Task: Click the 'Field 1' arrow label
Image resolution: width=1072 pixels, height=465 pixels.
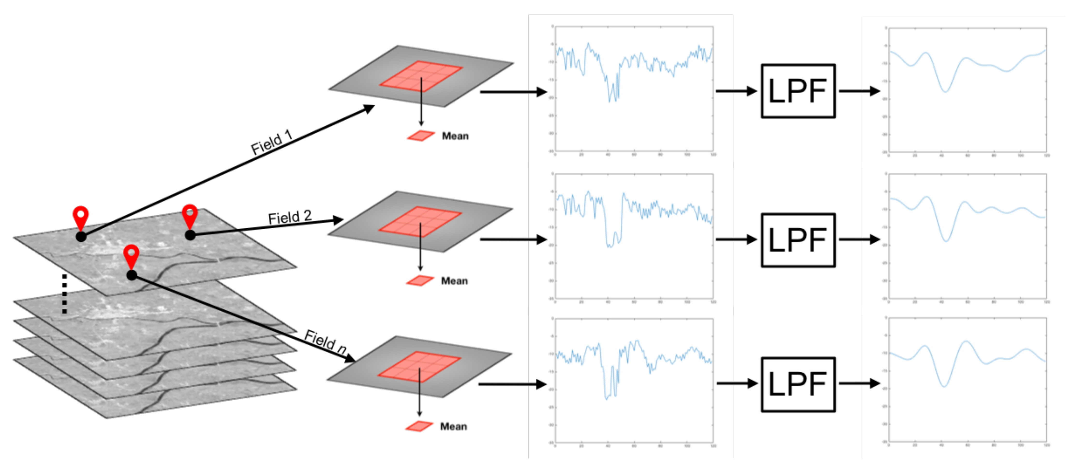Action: pos(272,142)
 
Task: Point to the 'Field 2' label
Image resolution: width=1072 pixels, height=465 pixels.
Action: pos(290,217)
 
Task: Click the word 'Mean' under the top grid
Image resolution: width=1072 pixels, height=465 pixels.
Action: pos(455,136)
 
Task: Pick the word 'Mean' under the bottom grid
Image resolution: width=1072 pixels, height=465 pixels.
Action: pos(453,426)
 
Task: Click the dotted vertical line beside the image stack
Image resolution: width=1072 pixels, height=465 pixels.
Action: pos(65,293)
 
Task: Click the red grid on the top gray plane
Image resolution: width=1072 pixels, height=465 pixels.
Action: pos(421,75)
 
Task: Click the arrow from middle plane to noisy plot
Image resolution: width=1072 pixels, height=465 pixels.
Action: pos(513,240)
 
